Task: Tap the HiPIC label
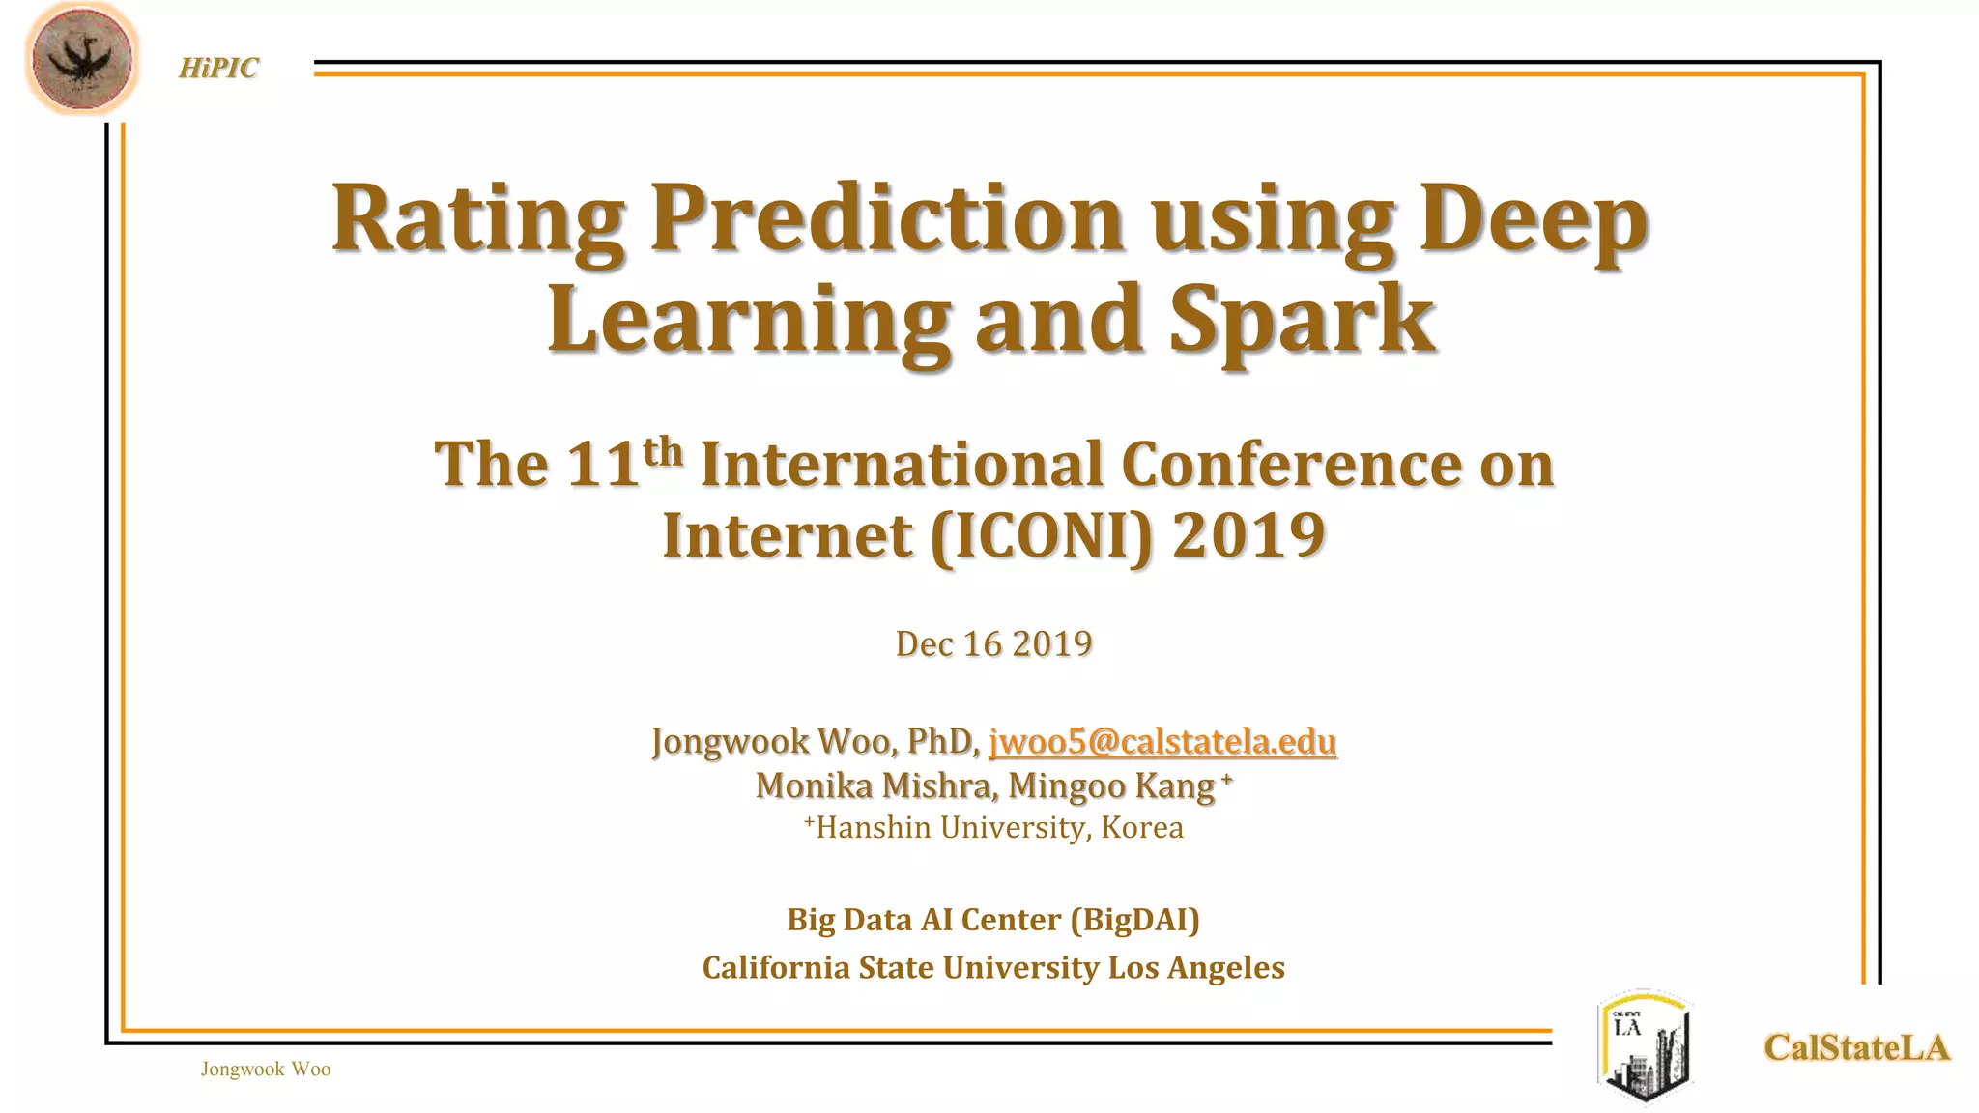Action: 218,68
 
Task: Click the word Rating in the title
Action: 477,219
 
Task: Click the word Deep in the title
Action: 1534,221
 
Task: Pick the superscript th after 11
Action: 663,452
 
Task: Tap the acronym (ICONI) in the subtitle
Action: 1041,535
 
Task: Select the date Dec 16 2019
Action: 993,643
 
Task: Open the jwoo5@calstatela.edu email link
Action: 1162,741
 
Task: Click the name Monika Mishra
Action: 874,785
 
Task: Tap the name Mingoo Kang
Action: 1111,786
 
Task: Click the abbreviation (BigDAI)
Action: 1134,919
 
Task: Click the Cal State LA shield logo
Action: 1644,1045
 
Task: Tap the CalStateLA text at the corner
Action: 1855,1047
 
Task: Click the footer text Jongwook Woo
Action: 266,1069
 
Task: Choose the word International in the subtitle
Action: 901,465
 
